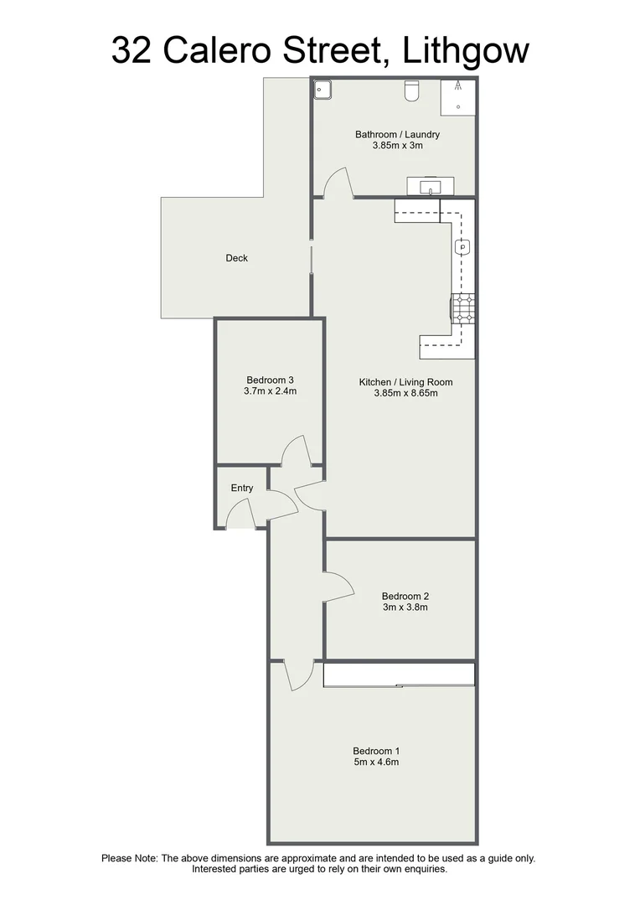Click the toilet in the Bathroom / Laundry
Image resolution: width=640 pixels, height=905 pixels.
pos(411,90)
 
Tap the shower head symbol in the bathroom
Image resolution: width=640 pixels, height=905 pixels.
pos(457,85)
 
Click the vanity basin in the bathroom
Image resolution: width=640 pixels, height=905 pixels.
pos(431,185)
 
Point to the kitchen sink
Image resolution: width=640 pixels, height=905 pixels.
pos(462,247)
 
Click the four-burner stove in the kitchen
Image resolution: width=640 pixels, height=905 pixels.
pos(462,308)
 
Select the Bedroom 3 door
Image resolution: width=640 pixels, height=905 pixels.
pos(296,452)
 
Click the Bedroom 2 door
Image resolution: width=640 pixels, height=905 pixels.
pos(338,586)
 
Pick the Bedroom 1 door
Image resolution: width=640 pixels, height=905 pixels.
pos(299,675)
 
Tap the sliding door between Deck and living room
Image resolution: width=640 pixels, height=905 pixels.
pos(312,260)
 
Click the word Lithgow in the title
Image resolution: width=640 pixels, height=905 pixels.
pos(466,50)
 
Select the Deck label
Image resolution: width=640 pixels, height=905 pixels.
pos(237,258)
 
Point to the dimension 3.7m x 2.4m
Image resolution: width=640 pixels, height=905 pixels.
pos(270,390)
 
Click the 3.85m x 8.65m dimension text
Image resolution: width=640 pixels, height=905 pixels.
pos(406,392)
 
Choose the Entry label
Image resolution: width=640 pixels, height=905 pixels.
pos(241,489)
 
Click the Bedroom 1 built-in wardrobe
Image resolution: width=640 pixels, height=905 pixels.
pos(399,675)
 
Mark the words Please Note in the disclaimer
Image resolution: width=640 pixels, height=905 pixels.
pos(129,858)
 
